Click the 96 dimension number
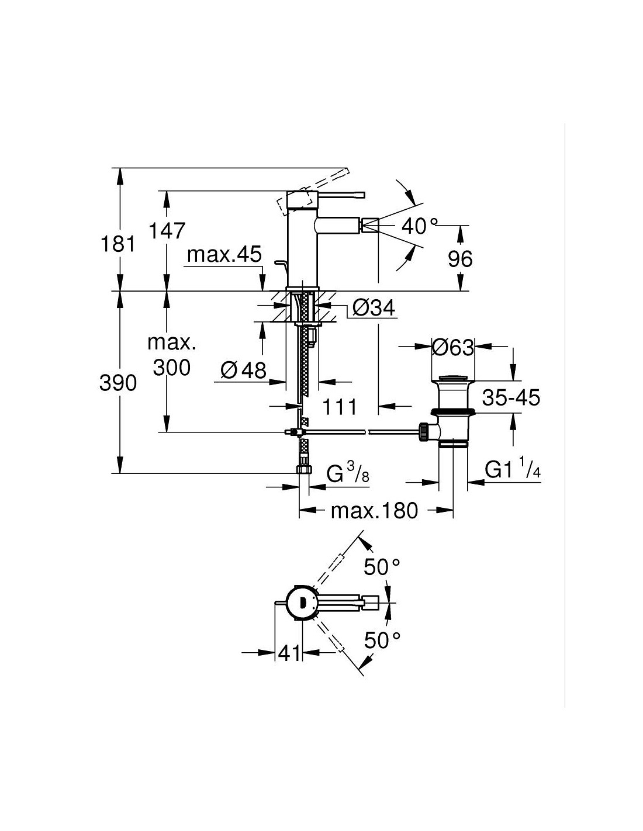pos(459,258)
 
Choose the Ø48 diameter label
pos(243,369)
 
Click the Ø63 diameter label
pos(452,348)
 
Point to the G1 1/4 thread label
pos(512,470)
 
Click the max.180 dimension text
pos(375,511)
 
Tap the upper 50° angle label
pos(382,566)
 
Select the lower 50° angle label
pos(382,640)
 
